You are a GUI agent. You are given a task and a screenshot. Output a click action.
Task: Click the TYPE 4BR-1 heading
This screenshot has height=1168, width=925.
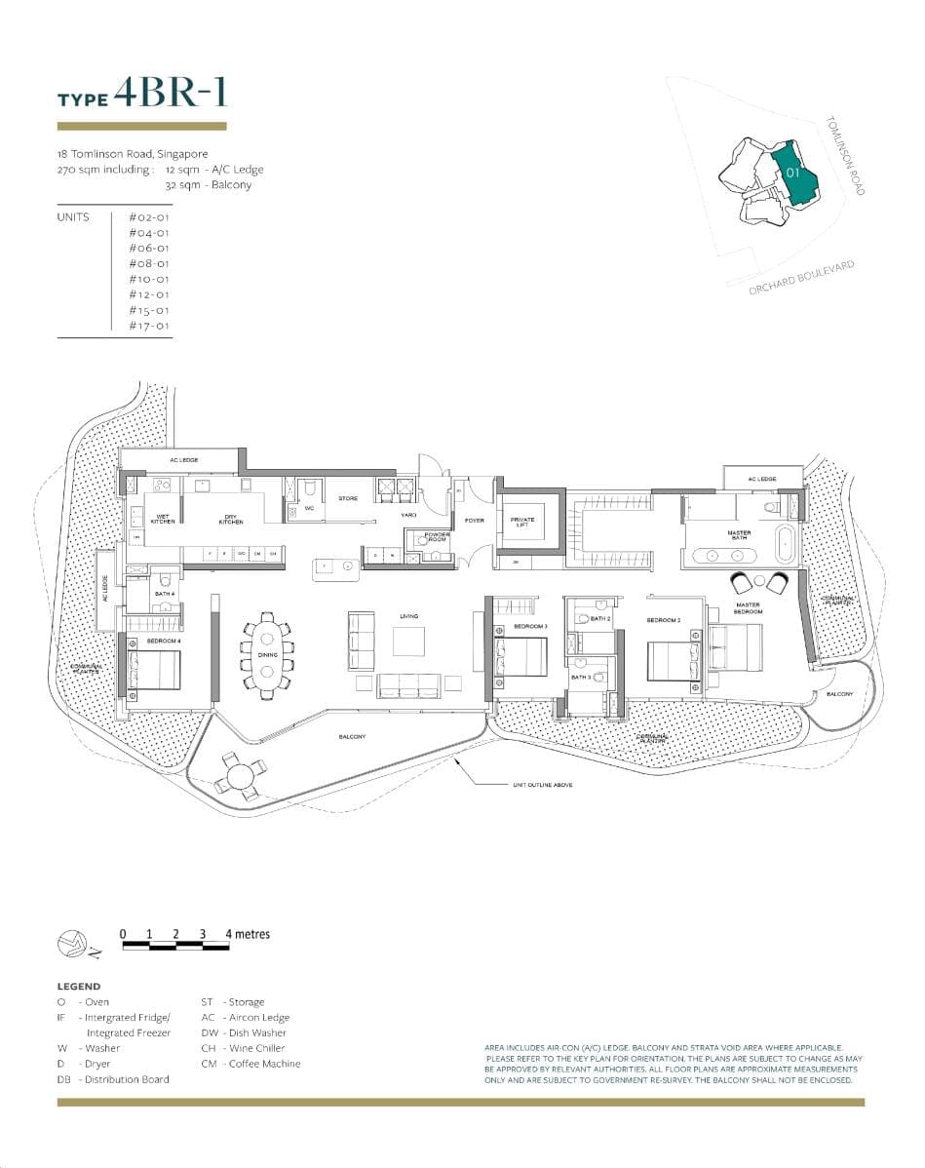[142, 94]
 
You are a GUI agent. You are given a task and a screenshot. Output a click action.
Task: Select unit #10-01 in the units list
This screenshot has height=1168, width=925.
[149, 279]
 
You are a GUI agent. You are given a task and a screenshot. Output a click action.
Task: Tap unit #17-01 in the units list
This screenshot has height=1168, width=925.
[149, 326]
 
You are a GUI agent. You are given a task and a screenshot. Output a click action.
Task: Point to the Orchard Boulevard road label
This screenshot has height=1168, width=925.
[801, 279]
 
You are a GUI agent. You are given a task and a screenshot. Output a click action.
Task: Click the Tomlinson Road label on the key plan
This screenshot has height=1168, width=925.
[844, 156]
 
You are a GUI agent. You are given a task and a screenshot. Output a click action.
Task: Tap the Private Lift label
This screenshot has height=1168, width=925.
[522, 522]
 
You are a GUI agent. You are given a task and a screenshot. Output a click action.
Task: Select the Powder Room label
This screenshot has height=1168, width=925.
[436, 536]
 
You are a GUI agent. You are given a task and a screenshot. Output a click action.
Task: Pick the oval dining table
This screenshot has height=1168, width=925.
[267, 655]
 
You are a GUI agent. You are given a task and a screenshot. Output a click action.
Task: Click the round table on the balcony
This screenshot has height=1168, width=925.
[238, 777]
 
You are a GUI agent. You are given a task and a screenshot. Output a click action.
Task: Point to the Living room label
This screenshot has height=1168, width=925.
[408, 616]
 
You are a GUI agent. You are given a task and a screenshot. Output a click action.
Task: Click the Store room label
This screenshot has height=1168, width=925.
[348, 498]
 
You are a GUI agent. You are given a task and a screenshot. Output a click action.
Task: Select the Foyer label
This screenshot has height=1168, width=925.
[475, 521]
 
